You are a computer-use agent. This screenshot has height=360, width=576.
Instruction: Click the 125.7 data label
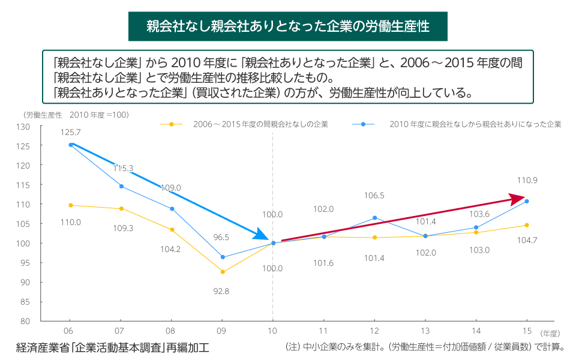(71, 131)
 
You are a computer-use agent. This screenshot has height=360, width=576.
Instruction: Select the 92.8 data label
(221, 291)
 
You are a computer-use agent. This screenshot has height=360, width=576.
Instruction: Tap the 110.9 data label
(527, 180)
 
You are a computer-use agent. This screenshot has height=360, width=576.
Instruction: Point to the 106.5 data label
(374, 196)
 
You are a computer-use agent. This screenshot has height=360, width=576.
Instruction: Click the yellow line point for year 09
(223, 272)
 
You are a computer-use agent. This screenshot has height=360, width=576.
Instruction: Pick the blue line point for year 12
(374, 218)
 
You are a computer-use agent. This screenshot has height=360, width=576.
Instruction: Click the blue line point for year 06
(71, 145)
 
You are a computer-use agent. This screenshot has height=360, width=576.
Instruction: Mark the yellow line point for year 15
(527, 225)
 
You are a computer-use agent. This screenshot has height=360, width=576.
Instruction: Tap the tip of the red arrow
(526, 197)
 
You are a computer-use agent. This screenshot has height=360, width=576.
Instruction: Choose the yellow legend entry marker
(172, 124)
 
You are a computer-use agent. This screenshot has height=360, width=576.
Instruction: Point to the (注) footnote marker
(292, 347)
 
